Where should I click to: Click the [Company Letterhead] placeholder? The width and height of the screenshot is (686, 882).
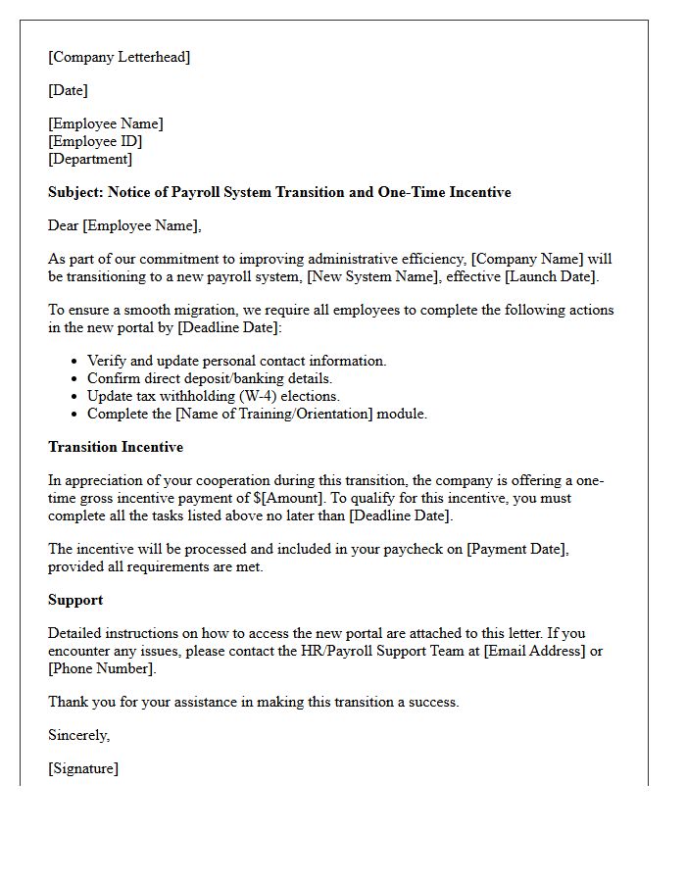(x=119, y=57)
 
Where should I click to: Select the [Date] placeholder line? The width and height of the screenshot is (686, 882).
(x=68, y=90)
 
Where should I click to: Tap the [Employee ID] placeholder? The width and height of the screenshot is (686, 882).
(x=95, y=141)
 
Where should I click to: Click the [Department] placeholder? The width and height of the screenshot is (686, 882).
(x=90, y=159)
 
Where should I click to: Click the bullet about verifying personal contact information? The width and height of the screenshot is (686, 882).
(x=236, y=361)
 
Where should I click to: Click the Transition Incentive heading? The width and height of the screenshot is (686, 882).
(x=116, y=447)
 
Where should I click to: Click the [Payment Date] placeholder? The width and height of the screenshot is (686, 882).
(x=516, y=549)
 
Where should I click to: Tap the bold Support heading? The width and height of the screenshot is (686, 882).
(x=75, y=600)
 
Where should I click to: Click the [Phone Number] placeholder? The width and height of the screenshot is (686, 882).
(x=101, y=668)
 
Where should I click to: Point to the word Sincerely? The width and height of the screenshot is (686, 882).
(x=78, y=735)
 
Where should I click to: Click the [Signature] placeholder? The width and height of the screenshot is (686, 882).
(x=83, y=768)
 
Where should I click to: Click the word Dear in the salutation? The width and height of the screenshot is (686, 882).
(x=64, y=225)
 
